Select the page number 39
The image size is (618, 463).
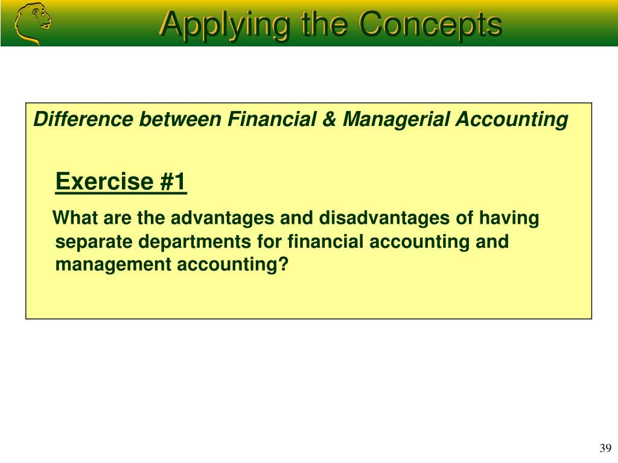point(605,448)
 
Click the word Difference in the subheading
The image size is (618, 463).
point(83,119)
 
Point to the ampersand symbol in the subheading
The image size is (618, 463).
point(329,119)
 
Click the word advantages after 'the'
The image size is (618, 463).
point(222,218)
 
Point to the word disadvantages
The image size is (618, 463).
point(384,218)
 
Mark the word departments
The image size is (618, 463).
point(195,242)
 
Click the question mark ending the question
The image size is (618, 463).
point(284,264)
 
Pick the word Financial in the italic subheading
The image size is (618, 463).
point(272,119)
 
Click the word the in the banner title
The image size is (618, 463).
point(324,24)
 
